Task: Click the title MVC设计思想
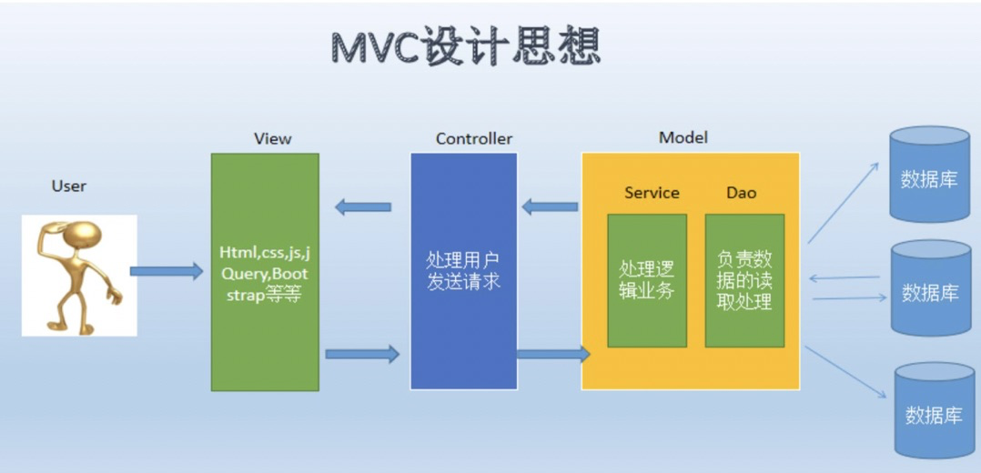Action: pos(465,46)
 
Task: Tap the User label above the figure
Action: pos(68,186)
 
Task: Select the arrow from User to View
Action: pos(167,271)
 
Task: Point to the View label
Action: pos(272,138)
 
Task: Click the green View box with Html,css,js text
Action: pos(265,272)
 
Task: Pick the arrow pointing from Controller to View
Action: pos(363,207)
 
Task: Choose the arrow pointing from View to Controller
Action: pos(363,353)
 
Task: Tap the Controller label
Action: pos(473,138)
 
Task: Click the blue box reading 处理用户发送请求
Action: pos(463,271)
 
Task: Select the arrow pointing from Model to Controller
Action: pos(550,206)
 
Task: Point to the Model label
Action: pos(683,137)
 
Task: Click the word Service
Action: pos(652,193)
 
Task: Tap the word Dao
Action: pos(741,193)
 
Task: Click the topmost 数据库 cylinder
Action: pos(928,176)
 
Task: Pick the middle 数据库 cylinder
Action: pos(929,289)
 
